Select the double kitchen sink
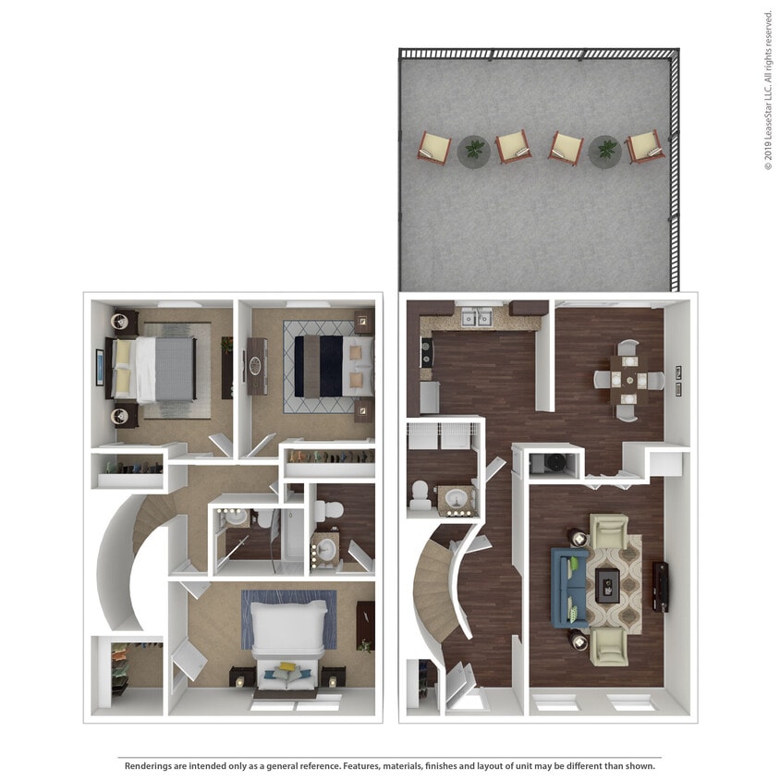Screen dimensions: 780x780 (x=476, y=318)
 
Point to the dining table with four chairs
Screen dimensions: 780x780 (x=628, y=379)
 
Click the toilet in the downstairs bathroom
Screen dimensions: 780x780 (x=420, y=496)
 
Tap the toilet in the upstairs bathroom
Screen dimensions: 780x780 (x=327, y=509)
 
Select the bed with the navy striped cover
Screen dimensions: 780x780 (x=331, y=365)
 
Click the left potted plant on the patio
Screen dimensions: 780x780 (x=474, y=149)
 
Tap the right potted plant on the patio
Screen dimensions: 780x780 (x=605, y=149)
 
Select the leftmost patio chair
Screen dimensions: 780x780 (x=433, y=147)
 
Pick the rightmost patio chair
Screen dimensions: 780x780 (x=645, y=146)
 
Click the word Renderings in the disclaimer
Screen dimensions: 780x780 (x=151, y=765)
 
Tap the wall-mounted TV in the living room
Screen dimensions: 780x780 (x=660, y=587)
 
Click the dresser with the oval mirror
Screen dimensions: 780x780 (x=256, y=366)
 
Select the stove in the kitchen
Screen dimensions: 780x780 (x=426, y=352)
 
